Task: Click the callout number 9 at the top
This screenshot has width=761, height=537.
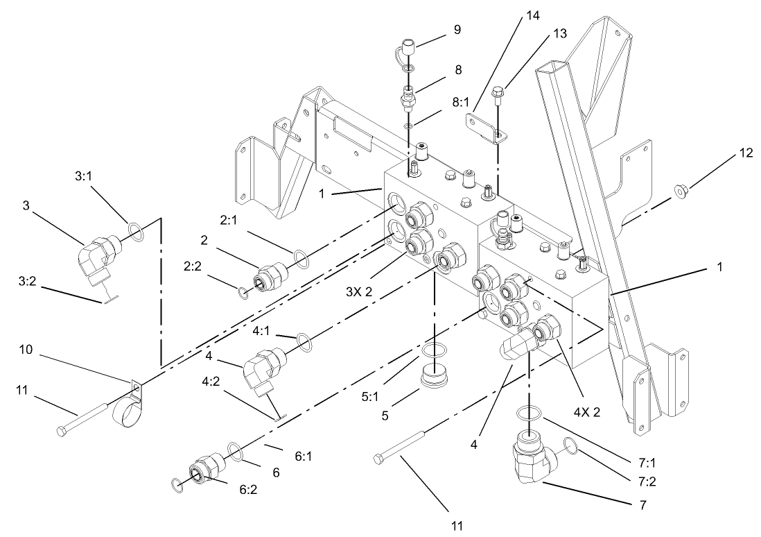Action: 457,30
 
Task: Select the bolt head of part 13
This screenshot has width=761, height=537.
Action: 498,92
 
